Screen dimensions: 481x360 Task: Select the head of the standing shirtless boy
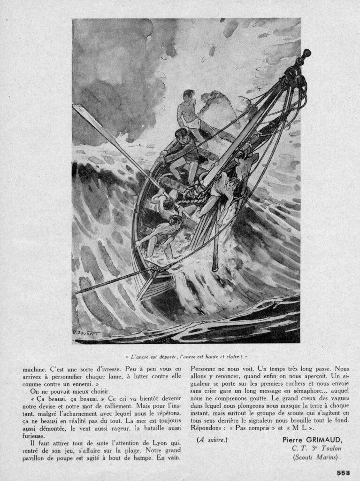(x=189, y=94)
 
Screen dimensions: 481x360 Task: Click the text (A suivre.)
(x=212, y=440)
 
